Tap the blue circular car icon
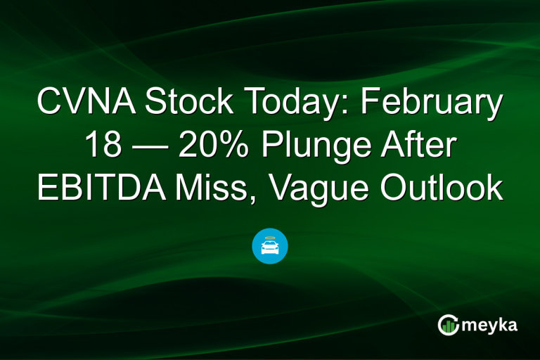[270, 246]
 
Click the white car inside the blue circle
[270, 247]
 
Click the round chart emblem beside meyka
[448, 325]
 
